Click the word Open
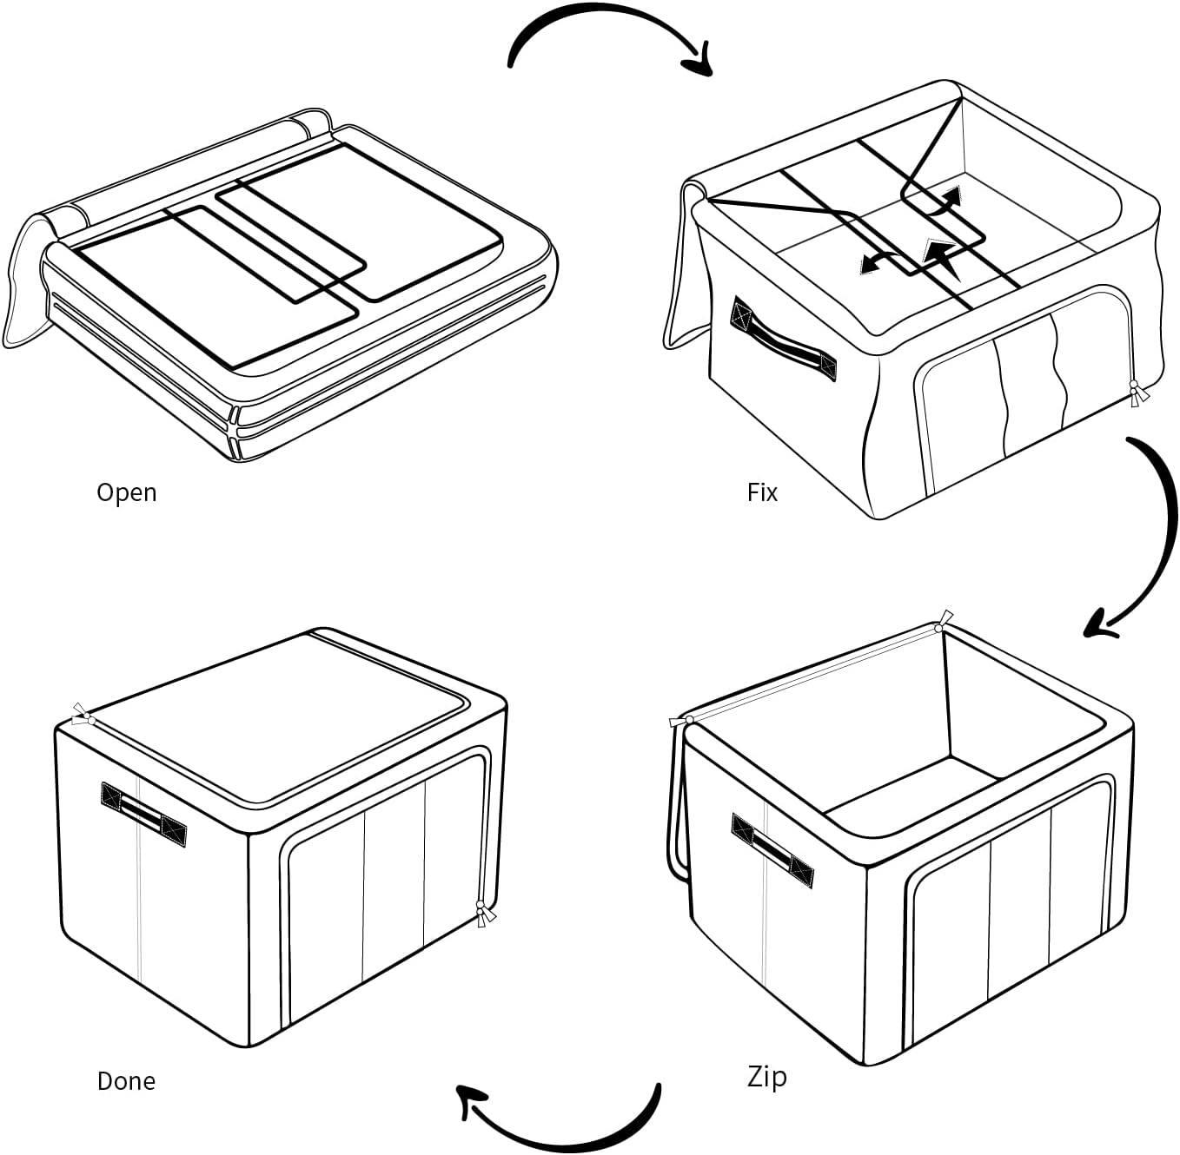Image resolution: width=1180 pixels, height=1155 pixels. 127,492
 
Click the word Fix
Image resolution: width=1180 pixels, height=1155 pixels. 762,492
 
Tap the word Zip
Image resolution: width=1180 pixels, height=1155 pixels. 766,1076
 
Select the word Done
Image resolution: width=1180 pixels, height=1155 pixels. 126,1081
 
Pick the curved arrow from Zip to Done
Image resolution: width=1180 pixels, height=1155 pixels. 565,1129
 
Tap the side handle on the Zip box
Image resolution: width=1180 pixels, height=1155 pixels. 772,850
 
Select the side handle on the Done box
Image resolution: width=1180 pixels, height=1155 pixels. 143,813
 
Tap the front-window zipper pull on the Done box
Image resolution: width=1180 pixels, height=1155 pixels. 484,914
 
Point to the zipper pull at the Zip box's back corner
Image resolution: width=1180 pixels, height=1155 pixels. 943,622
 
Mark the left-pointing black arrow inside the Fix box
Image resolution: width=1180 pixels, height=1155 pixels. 878,262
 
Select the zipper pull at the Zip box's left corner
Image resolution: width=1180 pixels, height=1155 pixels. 681,721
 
